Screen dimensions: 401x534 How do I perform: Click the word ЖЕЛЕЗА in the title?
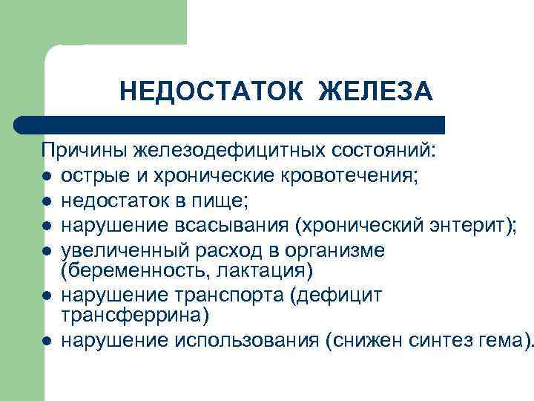point(375,92)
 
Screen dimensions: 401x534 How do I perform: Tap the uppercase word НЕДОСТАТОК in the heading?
point(211,92)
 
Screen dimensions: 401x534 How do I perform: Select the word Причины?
point(85,151)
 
